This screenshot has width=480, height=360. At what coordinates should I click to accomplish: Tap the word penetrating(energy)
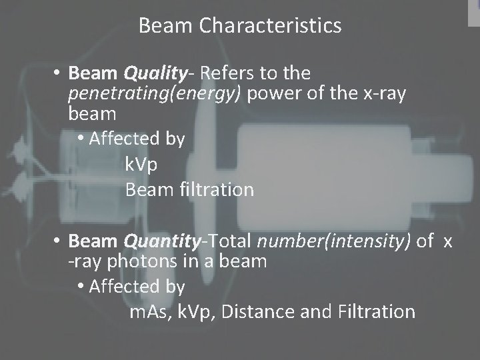[156, 93]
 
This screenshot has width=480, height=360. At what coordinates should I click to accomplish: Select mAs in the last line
[151, 311]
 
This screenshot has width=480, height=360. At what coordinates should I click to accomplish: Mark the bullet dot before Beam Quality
[59, 72]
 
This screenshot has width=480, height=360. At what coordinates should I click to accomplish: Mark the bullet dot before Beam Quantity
[59, 241]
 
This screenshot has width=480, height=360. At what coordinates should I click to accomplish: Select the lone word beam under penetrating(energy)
[91, 114]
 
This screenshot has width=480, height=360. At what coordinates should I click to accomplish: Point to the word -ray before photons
[87, 262]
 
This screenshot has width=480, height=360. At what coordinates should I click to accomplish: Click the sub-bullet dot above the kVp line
[81, 139]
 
